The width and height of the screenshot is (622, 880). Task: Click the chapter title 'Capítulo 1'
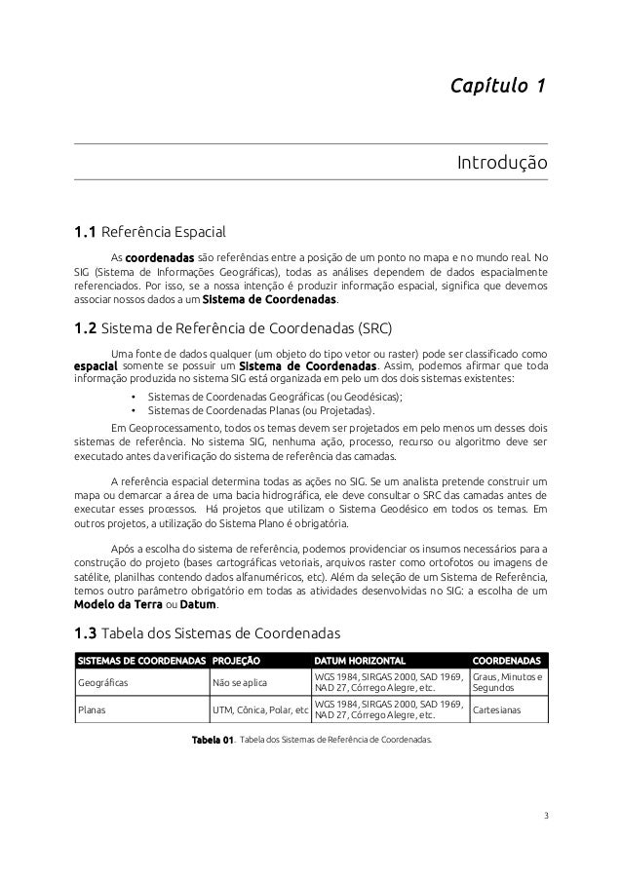click(x=497, y=89)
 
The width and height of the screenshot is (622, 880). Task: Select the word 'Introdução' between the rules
click(x=502, y=162)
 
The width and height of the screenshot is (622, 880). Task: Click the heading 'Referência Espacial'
click(x=164, y=233)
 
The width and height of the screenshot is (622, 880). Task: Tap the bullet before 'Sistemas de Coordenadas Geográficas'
click(x=133, y=398)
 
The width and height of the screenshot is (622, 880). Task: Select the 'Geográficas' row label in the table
click(x=103, y=682)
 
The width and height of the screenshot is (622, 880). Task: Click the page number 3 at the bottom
click(x=546, y=815)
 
